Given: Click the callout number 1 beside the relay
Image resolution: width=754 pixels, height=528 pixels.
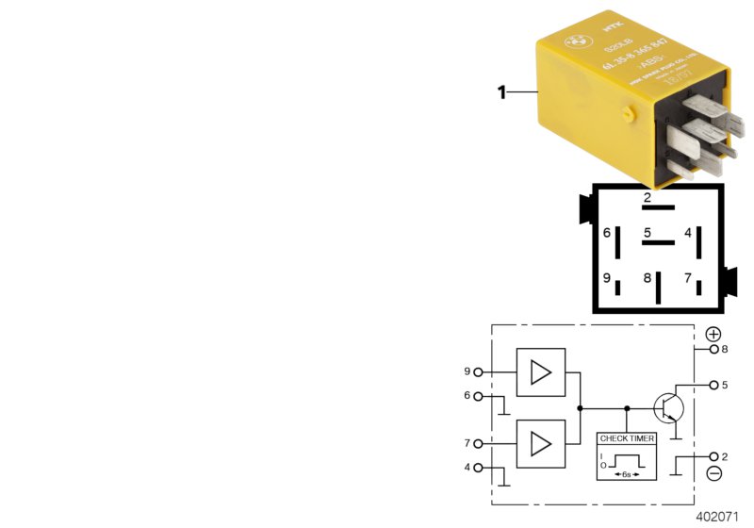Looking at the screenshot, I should point(502,92).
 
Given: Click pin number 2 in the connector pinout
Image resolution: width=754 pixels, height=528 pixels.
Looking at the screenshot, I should point(647,198).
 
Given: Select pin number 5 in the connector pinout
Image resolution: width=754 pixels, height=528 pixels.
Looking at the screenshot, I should point(647,233).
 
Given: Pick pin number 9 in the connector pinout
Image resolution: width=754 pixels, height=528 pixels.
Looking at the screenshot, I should point(608,278).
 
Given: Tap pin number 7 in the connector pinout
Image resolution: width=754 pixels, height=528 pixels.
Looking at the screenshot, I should point(688,278).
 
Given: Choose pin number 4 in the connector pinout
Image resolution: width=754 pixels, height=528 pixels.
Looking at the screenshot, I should point(688,233).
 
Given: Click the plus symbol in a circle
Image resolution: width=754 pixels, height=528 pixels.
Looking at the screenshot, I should point(713,335).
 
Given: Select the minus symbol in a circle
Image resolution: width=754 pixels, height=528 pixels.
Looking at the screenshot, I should point(713,473).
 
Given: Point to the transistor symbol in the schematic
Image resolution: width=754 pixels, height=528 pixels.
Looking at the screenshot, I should point(669,407).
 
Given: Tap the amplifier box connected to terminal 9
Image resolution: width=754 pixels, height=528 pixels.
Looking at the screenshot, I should point(541,372).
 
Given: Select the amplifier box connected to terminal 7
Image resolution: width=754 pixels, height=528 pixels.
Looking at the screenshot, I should point(541,444).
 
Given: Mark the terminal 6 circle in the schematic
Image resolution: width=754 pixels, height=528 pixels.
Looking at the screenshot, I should point(479,397).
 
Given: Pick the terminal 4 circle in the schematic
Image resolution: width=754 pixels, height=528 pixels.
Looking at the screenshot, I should point(479,468).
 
